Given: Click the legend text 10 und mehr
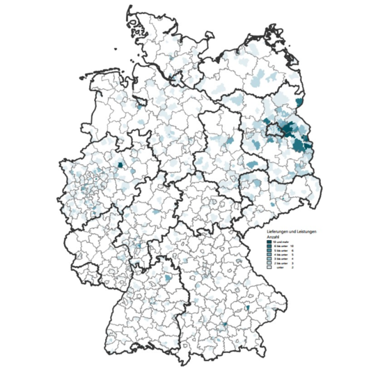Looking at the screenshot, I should tap(281, 242).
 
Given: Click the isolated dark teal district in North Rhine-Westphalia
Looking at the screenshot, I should tap(120, 166).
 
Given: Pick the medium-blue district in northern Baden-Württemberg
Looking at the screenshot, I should tap(167, 278).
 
